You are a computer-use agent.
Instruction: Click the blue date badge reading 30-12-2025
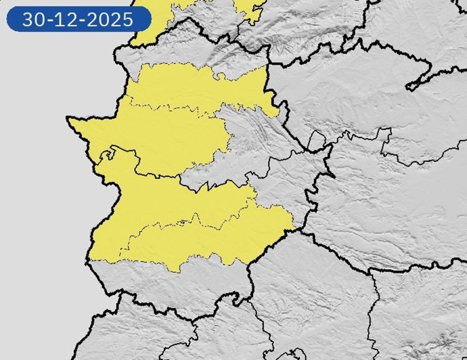tap(78, 19)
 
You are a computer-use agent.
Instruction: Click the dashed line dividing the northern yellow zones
tap(176, 108)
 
